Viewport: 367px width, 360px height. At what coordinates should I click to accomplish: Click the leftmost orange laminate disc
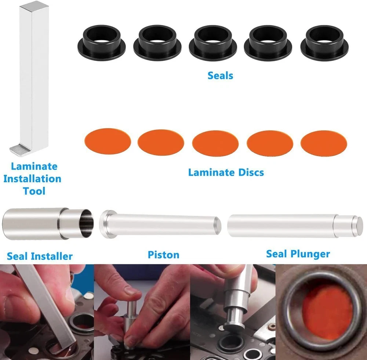point(108,142)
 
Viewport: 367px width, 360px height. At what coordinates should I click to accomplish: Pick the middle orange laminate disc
point(215,143)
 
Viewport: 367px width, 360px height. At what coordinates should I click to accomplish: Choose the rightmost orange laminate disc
point(324,143)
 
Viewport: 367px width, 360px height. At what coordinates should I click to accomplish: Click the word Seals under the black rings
point(220,76)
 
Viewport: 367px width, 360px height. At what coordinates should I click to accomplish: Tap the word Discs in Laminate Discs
point(251,172)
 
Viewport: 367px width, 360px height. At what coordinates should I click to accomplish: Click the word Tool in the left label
point(34,191)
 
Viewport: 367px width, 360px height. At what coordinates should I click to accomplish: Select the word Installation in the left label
point(32,179)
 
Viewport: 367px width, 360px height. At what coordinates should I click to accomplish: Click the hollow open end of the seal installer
point(86,223)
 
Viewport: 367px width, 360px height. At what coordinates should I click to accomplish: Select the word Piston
point(163,255)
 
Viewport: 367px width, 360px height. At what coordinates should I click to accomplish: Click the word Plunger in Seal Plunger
point(310,254)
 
